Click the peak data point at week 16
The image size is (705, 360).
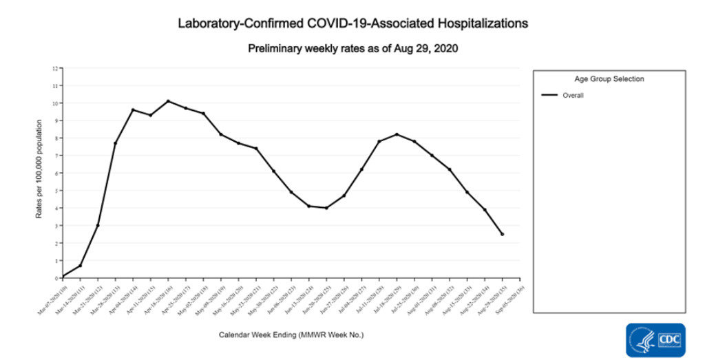[x=168, y=101]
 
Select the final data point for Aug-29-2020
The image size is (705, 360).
[x=503, y=234]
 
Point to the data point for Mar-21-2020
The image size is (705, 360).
[x=98, y=225]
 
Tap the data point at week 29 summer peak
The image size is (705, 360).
[x=397, y=134]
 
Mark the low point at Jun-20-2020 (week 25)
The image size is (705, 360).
[x=326, y=208]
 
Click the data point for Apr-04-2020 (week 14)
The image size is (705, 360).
[x=133, y=109]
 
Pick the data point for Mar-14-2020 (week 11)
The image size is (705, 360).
[x=80, y=266]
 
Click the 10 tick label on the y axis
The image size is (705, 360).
[x=57, y=103]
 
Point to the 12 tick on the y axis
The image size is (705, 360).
[x=57, y=68]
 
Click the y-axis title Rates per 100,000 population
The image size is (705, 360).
[x=39, y=169]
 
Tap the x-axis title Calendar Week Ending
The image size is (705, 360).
[x=291, y=335]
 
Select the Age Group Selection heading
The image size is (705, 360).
[x=609, y=78]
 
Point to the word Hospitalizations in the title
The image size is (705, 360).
[x=474, y=23]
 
